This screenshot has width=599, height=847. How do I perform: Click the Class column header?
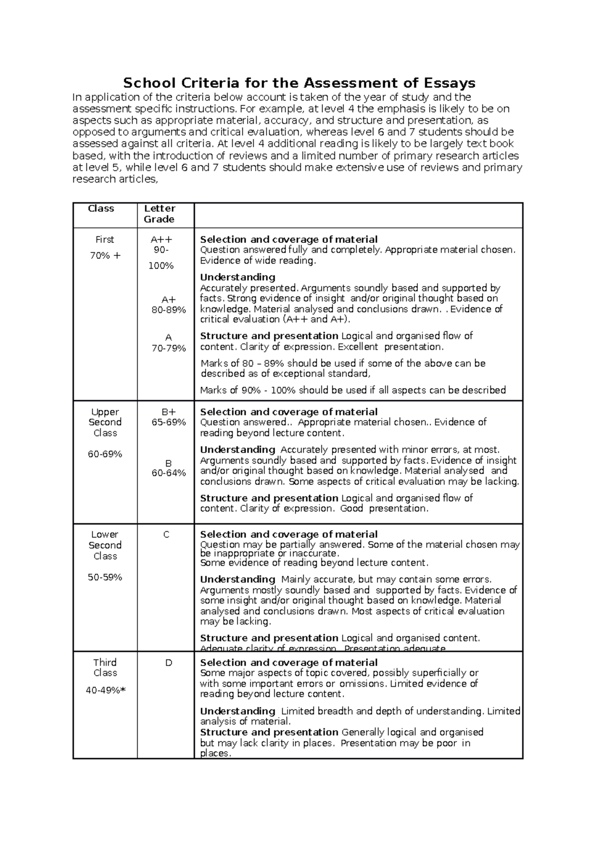tap(101, 209)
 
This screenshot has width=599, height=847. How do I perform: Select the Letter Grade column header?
tap(159, 213)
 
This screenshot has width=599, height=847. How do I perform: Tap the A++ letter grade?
tap(161, 239)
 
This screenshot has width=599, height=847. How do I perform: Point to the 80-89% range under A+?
tap(169, 310)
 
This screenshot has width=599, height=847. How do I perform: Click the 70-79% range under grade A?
tap(169, 348)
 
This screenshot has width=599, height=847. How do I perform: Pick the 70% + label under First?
tap(105, 256)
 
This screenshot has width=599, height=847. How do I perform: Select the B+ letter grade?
tap(169, 412)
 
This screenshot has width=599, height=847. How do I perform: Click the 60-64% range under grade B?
tap(169, 473)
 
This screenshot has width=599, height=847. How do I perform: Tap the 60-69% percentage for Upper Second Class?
tap(105, 454)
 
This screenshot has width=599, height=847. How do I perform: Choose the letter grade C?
tap(166, 535)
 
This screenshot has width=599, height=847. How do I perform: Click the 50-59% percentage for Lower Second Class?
tap(105, 577)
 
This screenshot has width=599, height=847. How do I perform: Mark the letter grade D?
tap(168, 663)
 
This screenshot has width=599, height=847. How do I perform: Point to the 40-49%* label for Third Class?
tap(105, 690)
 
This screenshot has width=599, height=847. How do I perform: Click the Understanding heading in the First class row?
tap(238, 277)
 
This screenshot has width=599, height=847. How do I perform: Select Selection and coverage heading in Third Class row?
tap(289, 662)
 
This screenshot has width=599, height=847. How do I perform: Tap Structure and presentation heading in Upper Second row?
tap(269, 498)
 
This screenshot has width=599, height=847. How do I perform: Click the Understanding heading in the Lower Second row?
tap(238, 579)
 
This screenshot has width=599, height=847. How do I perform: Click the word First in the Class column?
tap(105, 239)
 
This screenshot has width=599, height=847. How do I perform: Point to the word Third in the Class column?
tap(105, 662)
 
